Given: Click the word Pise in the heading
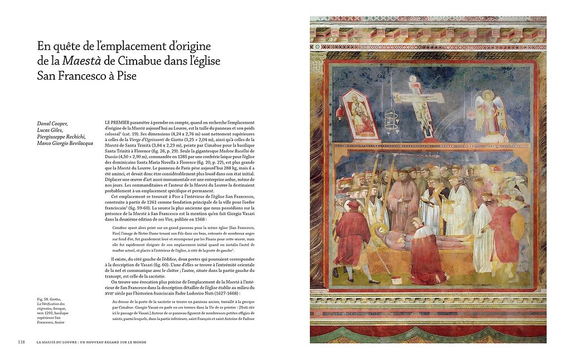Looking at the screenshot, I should [124, 75].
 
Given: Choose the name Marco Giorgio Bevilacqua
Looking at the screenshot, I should [65, 143].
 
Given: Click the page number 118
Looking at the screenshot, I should [22, 342].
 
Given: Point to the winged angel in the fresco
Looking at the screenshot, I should [489, 114].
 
